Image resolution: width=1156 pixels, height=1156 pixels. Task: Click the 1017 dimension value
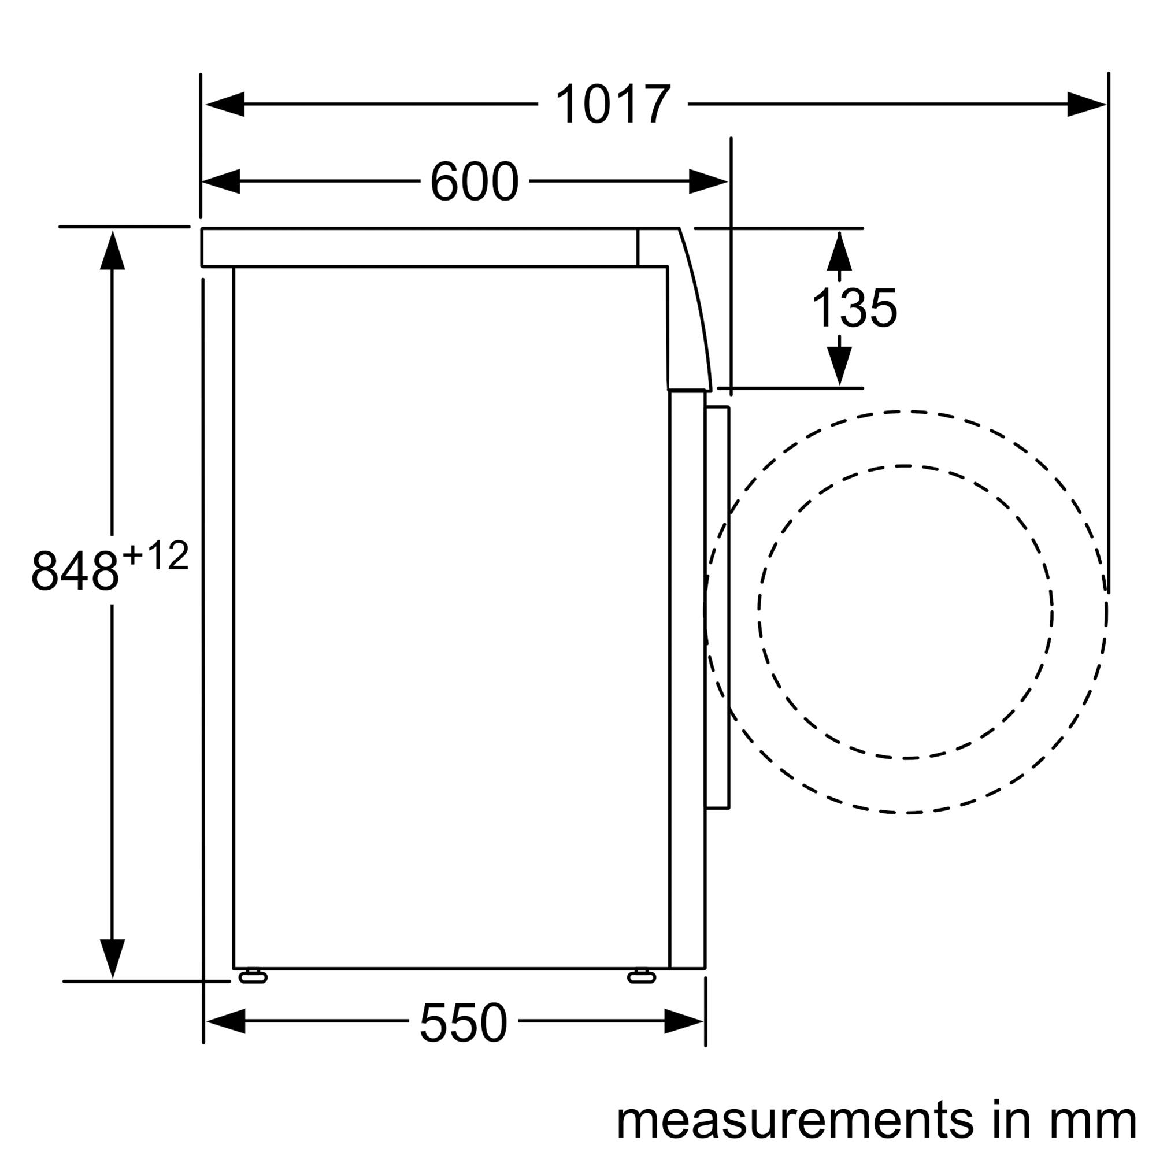tap(613, 105)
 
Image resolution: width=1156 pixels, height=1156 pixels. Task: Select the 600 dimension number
tap(474, 181)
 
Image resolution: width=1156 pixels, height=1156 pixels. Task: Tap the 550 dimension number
tap(463, 1023)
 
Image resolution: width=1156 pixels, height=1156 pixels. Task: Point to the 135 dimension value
tap(854, 307)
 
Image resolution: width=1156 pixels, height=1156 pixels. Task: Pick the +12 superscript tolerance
tap(156, 555)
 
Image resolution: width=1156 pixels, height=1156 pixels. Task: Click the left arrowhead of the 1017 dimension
tap(224, 104)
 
